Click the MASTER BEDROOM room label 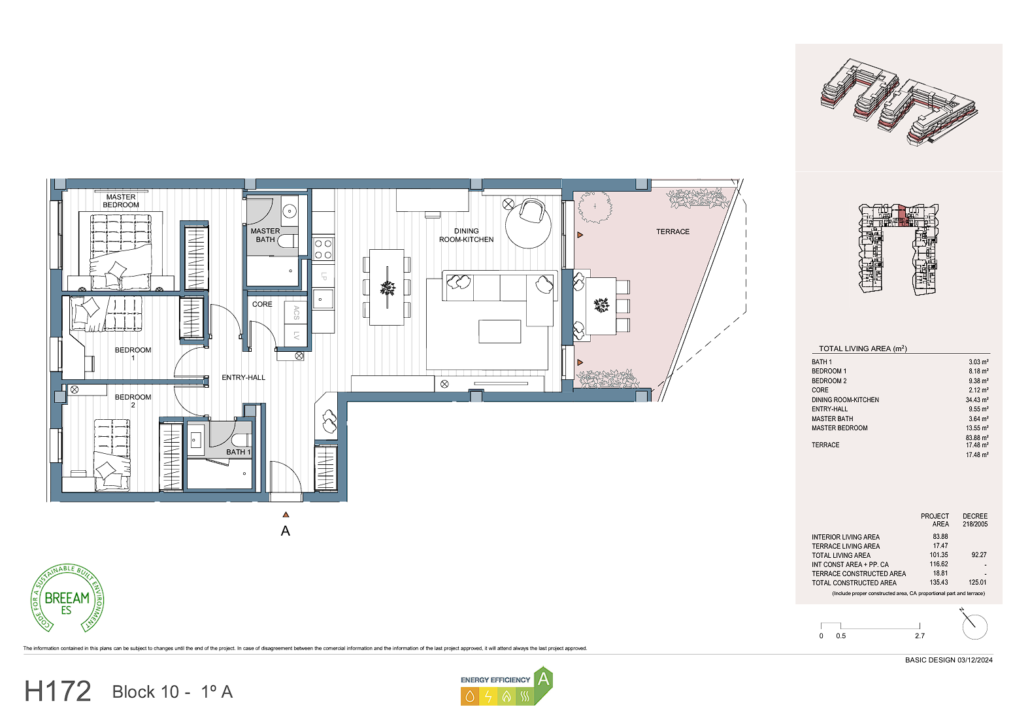coord(121,201)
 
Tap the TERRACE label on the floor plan coord(673,232)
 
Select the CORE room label coord(262,305)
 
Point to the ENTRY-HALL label coord(243,378)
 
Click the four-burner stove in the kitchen coord(324,249)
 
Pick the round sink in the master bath coord(290,211)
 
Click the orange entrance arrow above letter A coord(286,515)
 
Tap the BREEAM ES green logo coord(67,598)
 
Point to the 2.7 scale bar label coord(920,636)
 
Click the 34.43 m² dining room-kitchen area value coord(977,400)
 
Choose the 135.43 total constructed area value coord(939,583)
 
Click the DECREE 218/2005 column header coord(975,521)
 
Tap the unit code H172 coord(58,691)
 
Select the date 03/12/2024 coord(975,660)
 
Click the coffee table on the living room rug coord(499,332)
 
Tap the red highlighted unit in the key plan coord(901,216)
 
